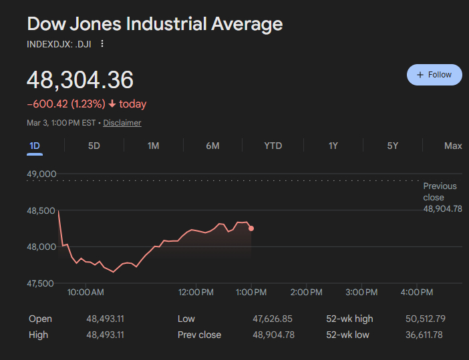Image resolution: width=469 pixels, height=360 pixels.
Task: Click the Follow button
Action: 434,75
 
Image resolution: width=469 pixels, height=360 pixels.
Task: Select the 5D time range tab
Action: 94,146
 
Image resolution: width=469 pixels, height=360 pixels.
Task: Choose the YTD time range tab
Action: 273,146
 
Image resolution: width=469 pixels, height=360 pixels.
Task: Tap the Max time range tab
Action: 453,146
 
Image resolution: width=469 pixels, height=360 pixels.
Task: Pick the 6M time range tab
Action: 212,146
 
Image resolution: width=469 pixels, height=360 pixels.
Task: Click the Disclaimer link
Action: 122,123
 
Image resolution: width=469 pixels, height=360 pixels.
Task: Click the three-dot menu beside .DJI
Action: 102,44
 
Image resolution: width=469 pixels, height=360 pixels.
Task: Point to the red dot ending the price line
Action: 251,228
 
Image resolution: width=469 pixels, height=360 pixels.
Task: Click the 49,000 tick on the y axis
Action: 41,174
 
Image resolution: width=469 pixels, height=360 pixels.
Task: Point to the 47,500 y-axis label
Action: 41,283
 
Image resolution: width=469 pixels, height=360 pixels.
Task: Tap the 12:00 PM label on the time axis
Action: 197,293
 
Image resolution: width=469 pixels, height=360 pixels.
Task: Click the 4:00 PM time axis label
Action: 418,293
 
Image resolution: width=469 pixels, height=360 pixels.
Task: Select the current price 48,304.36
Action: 80,79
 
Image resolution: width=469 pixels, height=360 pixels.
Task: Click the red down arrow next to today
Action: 112,104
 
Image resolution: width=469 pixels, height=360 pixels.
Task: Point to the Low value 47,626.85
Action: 273,319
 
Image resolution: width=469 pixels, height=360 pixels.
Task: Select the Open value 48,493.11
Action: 105,319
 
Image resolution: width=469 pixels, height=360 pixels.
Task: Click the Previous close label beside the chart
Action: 440,191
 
